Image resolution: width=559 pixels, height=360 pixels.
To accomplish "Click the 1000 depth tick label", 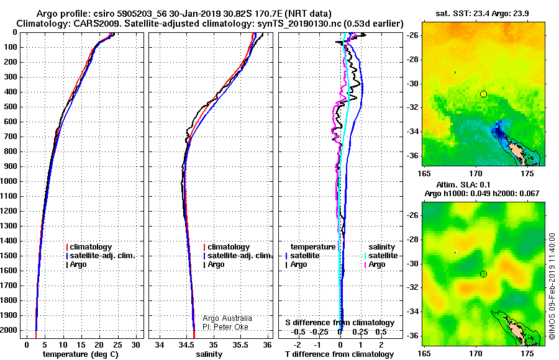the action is (x=9, y=181).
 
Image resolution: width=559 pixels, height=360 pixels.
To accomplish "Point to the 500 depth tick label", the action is (x=11, y=107).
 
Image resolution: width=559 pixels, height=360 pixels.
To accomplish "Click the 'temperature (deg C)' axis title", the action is (x=81, y=354).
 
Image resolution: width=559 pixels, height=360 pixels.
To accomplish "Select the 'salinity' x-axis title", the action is (x=209, y=354).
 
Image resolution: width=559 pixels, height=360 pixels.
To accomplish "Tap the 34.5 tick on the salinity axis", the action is (x=186, y=344).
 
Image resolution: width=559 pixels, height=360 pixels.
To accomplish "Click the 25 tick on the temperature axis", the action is (x=117, y=344).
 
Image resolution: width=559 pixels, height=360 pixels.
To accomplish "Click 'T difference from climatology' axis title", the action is (x=339, y=354).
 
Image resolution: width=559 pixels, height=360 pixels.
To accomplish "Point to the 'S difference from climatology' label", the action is (x=340, y=323).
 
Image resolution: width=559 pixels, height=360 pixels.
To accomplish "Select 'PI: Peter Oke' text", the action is (x=225, y=327).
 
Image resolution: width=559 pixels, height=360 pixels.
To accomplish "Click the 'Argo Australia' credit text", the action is (x=227, y=318).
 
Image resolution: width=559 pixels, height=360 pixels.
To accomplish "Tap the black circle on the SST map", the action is (x=483, y=94).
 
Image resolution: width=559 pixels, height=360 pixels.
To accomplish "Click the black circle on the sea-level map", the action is (x=483, y=274).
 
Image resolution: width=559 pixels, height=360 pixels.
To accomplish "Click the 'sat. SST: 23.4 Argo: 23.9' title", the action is (x=482, y=14).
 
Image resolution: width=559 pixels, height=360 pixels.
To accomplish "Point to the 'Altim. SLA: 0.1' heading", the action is (x=463, y=184).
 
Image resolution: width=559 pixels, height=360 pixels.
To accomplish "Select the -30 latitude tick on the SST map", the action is (x=413, y=84).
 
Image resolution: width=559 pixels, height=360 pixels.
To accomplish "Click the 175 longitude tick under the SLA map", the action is (x=527, y=353).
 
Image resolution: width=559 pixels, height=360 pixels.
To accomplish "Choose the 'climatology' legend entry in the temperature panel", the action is (x=89, y=246).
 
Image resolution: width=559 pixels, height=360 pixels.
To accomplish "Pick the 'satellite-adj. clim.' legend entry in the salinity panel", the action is (x=238, y=256).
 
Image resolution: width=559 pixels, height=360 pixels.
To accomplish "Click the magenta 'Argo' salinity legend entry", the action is (x=375, y=264).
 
